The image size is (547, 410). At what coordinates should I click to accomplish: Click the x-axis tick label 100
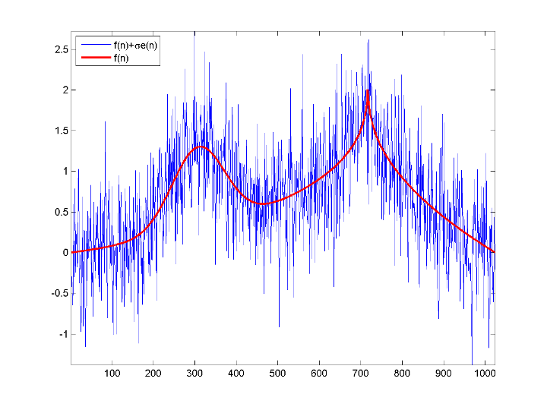pos(112,373)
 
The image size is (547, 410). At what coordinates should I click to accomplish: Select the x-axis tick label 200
pos(153,373)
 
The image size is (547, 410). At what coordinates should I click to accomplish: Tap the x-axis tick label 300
pos(194,373)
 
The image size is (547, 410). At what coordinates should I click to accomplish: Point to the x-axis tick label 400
pos(236,373)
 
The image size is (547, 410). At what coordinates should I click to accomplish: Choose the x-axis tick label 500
pos(277,373)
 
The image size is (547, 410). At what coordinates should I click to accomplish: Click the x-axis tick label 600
pos(319,373)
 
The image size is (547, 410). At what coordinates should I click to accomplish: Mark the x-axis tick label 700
pos(360,373)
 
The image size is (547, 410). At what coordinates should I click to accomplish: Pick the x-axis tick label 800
pos(402,373)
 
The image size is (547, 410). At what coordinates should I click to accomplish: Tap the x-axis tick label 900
pos(443,373)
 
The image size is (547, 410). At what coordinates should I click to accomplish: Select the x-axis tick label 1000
pos(483,373)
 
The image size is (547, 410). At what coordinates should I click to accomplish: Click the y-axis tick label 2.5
pos(61,49)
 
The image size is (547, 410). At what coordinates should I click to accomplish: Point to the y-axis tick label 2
pos(65,90)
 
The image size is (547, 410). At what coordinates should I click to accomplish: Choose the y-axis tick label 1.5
pos(61,131)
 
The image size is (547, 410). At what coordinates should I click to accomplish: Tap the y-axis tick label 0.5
pos(61,212)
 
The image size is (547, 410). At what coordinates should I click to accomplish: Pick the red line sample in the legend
pos(92,57)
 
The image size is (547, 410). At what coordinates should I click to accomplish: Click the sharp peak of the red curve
pos(368,90)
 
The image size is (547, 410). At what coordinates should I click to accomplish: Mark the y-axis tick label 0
pos(65,253)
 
